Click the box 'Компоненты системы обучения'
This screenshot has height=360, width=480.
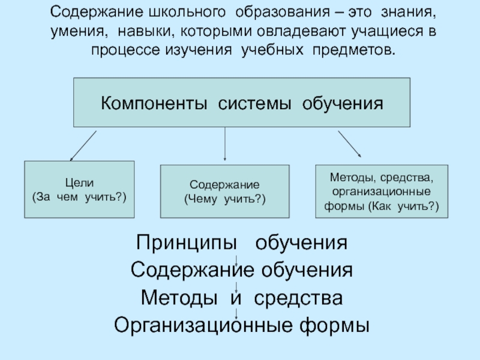click(241, 101)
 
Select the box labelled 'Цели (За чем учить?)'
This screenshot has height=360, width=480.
click(79, 189)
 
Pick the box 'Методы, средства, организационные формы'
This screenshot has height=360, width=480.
click(382, 191)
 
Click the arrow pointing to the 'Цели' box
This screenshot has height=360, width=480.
click(83, 145)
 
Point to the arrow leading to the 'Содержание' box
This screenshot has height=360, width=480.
click(225, 144)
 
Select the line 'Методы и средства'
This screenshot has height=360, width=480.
click(242, 298)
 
